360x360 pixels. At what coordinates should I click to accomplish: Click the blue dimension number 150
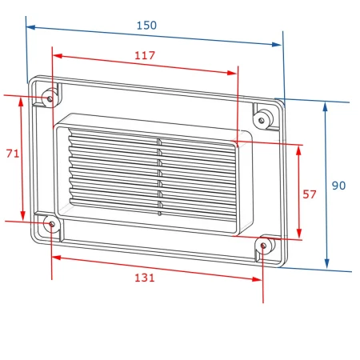pos(146,26)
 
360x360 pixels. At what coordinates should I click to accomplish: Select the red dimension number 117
pos(145,55)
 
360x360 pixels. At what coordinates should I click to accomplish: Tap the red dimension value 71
pos(13,154)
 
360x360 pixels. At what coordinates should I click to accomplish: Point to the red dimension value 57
pos(310,194)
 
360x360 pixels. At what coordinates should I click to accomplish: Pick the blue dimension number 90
pos(338,186)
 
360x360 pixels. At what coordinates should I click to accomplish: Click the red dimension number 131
pos(145,278)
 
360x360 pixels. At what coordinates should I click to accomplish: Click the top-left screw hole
pos(50,99)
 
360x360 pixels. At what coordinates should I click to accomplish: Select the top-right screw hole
pos(262,120)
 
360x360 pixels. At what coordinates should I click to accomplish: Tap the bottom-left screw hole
pos(52,224)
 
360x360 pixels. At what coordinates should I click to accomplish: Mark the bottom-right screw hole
pos(263,246)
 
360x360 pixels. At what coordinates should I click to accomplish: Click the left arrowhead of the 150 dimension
pos(31,27)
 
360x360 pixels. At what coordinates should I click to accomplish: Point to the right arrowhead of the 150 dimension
pos(277,45)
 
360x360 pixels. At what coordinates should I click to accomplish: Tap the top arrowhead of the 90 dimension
pos(325,106)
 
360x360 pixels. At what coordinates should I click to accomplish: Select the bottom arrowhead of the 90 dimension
pos(327,264)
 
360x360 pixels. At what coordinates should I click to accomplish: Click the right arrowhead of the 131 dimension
pos(257,279)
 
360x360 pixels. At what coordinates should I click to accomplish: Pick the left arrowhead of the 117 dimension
pos(58,56)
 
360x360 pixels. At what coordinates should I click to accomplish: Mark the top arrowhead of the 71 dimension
pos(21,102)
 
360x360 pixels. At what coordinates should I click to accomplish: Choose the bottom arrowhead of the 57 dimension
pos(299,234)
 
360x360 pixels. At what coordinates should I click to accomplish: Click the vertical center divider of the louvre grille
pos(159,177)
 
